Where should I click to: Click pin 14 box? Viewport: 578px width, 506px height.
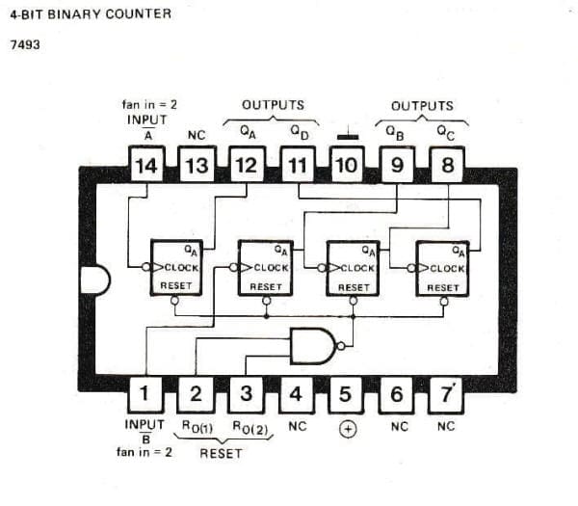click(x=145, y=165)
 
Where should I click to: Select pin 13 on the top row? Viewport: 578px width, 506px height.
click(x=196, y=165)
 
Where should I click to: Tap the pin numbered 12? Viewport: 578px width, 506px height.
click(x=246, y=165)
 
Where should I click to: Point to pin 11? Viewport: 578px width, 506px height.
click(x=297, y=165)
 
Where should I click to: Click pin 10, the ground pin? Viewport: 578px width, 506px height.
click(x=347, y=165)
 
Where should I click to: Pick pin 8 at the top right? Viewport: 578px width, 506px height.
click(x=446, y=165)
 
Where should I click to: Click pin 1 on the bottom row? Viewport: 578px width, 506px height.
click(x=145, y=393)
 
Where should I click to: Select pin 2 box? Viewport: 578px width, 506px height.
click(x=196, y=393)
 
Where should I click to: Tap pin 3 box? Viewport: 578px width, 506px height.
click(x=246, y=393)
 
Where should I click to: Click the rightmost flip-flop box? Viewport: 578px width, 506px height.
click(x=442, y=268)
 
